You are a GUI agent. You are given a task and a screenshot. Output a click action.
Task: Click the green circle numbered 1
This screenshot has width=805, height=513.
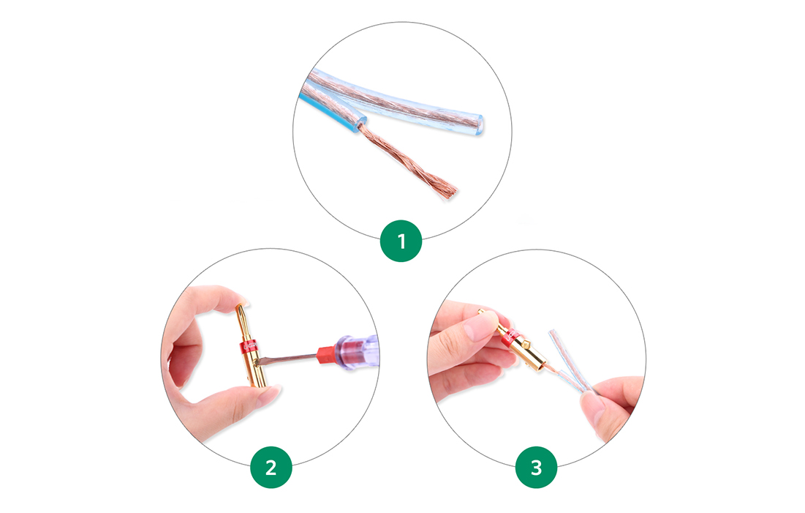click(x=401, y=241)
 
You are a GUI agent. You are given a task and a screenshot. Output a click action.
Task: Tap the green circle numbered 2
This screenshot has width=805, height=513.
click(x=271, y=467)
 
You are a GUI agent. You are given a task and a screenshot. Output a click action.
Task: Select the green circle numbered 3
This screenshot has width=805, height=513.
click(x=536, y=467)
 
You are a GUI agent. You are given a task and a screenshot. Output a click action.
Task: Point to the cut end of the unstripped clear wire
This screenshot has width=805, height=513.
click(x=478, y=125)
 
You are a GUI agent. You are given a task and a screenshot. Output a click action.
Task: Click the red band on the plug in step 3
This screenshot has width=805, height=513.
click(x=511, y=337)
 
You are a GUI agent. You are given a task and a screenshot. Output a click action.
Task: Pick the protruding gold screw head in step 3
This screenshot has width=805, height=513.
click(x=483, y=312)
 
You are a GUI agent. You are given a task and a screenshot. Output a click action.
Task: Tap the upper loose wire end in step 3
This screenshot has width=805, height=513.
click(x=553, y=333)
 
